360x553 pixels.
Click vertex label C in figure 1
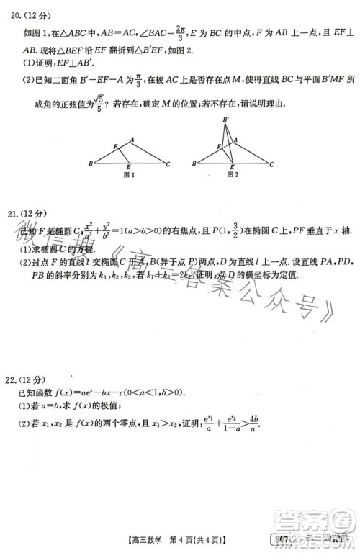coord(168,164)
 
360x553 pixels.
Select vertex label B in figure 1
coord(91,164)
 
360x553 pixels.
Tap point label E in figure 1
coord(128,168)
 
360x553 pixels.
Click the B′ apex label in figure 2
coord(227,120)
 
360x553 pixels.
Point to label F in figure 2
coord(217,146)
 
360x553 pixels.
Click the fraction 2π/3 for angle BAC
coord(180,32)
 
